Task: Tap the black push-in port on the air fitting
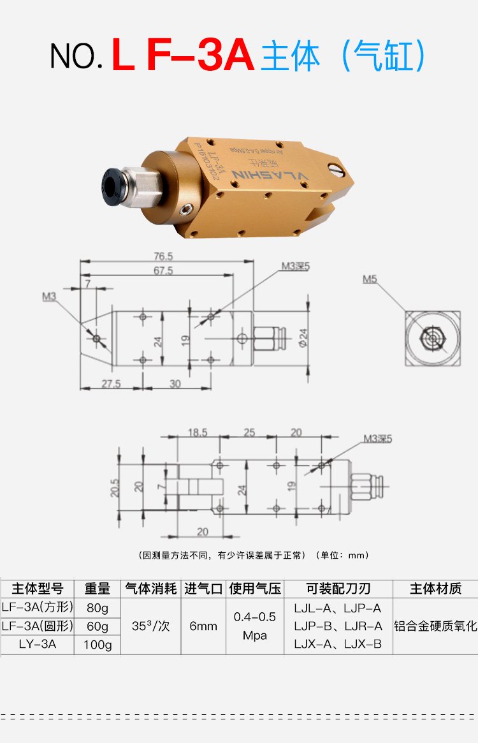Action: click(113, 185)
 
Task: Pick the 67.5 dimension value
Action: click(163, 270)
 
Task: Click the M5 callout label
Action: click(370, 279)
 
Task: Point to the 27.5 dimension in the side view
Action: click(110, 384)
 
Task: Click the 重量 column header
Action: click(98, 588)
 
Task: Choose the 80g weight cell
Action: click(98, 607)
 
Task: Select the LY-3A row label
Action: click(38, 644)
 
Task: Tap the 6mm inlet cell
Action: click(203, 626)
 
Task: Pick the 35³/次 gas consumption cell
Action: click(150, 626)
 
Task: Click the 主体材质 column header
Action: click(435, 588)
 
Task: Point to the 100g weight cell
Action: click(98, 645)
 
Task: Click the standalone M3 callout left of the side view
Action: click(50, 297)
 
